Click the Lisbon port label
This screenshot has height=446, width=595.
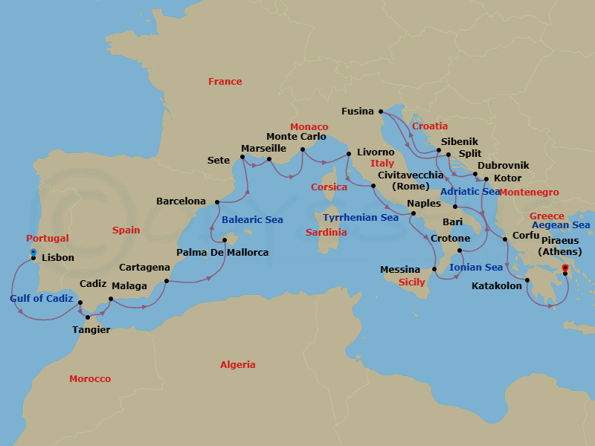click(x=59, y=257)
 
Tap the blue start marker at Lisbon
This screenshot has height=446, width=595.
click(x=33, y=253)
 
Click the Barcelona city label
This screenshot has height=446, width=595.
click(x=181, y=201)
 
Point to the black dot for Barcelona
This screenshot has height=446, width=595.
click(x=216, y=201)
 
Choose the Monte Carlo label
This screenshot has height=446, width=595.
click(x=297, y=137)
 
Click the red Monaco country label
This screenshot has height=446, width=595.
click(x=309, y=127)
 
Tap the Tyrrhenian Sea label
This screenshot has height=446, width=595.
click(x=361, y=218)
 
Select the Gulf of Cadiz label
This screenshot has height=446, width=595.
click(x=42, y=299)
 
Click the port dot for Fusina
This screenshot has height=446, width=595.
click(x=384, y=111)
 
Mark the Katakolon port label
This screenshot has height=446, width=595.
click(x=498, y=285)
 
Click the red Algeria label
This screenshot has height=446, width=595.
click(x=237, y=364)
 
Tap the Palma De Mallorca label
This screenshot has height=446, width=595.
click(x=222, y=253)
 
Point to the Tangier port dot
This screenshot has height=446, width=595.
click(x=88, y=317)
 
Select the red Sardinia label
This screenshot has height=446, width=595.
click(x=326, y=233)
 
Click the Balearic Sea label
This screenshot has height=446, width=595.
click(x=252, y=220)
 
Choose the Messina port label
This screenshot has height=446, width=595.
click(x=400, y=270)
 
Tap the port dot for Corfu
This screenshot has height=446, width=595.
click(x=505, y=239)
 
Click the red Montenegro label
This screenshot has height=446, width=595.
click(x=529, y=193)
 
